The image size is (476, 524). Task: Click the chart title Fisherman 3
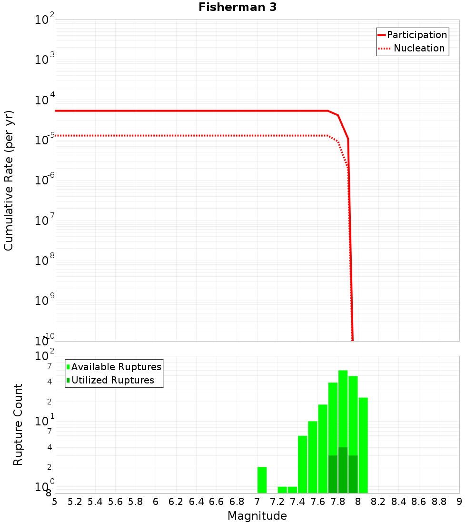[x=238, y=7]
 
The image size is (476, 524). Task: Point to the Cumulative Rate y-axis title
[x=9, y=180]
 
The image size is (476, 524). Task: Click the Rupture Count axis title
[x=18, y=424]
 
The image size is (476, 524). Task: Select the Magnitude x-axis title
[x=257, y=516]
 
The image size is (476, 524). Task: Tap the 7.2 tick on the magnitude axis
[x=277, y=501]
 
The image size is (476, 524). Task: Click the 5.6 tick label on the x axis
[x=115, y=501]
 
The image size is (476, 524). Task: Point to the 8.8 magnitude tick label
[x=439, y=501]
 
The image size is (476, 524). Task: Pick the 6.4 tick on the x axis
[x=196, y=501]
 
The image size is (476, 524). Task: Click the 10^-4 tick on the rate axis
[x=45, y=100]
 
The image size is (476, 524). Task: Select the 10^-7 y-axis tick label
[x=45, y=221]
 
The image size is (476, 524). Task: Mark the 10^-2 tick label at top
[x=45, y=20]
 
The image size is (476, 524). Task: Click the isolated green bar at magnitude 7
[x=262, y=480]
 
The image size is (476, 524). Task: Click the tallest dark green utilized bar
[x=343, y=470]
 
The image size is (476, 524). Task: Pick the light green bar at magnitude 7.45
[x=302, y=464]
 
